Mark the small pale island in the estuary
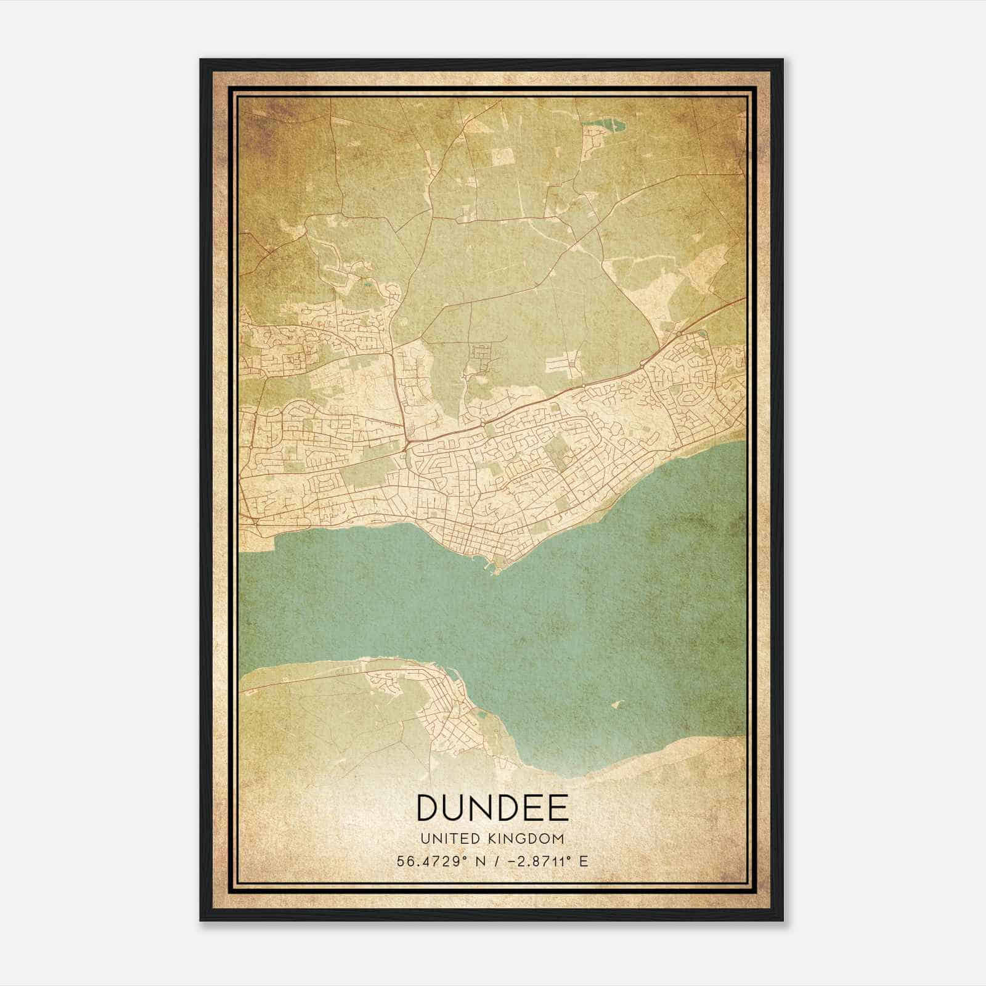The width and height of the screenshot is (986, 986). click(x=617, y=704)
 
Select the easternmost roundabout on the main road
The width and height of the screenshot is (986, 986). click(x=678, y=333)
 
